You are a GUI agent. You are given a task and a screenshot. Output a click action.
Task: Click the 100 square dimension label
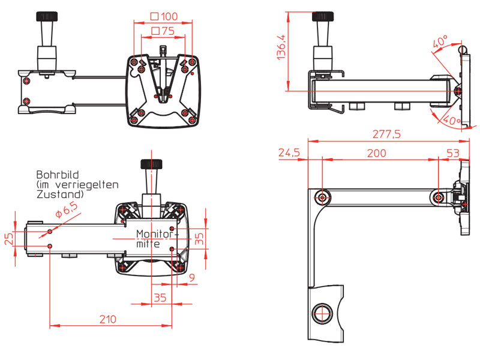click(164, 16)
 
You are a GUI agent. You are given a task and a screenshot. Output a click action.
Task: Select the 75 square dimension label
click(163, 31)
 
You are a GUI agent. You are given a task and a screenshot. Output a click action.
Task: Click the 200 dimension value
click(376, 154)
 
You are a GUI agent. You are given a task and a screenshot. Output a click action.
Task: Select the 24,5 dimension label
click(289, 154)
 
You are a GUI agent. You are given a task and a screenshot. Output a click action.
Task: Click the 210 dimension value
click(107, 319)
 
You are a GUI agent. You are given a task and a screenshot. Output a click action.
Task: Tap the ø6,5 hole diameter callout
click(66, 208)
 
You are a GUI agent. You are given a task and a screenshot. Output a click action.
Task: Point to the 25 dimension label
click(7, 239)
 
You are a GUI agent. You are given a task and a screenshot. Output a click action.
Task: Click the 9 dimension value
click(192, 277)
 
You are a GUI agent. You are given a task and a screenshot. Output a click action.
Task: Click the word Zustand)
click(59, 195)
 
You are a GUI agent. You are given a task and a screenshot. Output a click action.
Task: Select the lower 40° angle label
click(449, 121)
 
